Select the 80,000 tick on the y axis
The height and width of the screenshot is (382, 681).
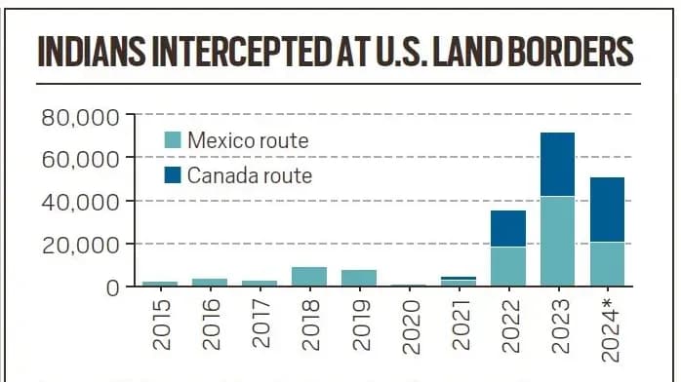81,117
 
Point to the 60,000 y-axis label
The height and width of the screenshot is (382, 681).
81,159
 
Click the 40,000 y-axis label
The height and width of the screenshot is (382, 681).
81,202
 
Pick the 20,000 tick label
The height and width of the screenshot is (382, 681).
81,245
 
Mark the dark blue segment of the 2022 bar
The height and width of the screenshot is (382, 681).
508,228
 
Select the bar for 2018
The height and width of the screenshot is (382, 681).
309,276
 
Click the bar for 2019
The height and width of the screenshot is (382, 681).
359,278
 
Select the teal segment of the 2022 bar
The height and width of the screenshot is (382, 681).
508,266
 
